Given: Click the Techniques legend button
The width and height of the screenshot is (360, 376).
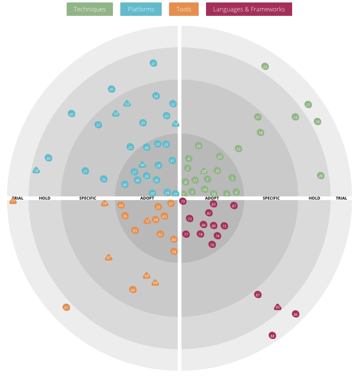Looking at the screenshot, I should (x=90, y=9).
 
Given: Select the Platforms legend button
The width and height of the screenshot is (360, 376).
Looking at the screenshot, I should (x=141, y=9).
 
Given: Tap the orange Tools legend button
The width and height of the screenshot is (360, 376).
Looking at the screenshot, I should (x=184, y=9).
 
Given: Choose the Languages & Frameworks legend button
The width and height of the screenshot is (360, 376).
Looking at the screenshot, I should (x=249, y=9).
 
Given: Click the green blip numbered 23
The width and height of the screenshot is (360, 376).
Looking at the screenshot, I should (x=265, y=67).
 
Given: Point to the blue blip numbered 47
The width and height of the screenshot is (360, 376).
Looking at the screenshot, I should (x=153, y=63).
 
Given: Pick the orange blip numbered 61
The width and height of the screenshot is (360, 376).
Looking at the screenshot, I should (x=66, y=307).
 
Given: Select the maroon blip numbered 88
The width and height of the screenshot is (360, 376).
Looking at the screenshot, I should (x=272, y=336).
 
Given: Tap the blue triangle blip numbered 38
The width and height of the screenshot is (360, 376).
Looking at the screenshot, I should (x=36, y=171).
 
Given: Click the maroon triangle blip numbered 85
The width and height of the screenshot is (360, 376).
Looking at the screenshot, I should (x=278, y=307).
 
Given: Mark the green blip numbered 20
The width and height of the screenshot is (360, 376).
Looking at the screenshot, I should (x=321, y=176).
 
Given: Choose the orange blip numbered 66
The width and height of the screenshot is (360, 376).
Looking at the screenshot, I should (x=132, y=290).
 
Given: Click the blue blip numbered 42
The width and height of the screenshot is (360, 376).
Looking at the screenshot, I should (x=72, y=114).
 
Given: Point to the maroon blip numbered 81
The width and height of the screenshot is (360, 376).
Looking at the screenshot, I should (x=258, y=295).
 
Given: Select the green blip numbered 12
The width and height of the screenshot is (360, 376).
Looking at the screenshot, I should (x=239, y=149).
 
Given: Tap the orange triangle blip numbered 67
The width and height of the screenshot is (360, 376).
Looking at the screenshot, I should (x=108, y=258).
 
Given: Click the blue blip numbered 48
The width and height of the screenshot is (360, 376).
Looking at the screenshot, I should (x=48, y=158).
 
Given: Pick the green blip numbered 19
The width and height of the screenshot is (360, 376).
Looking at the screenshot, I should (x=317, y=122).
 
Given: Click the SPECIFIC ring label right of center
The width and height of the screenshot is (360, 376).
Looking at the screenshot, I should (x=271, y=198).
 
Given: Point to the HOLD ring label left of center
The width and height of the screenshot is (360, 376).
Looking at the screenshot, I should (x=45, y=198).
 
